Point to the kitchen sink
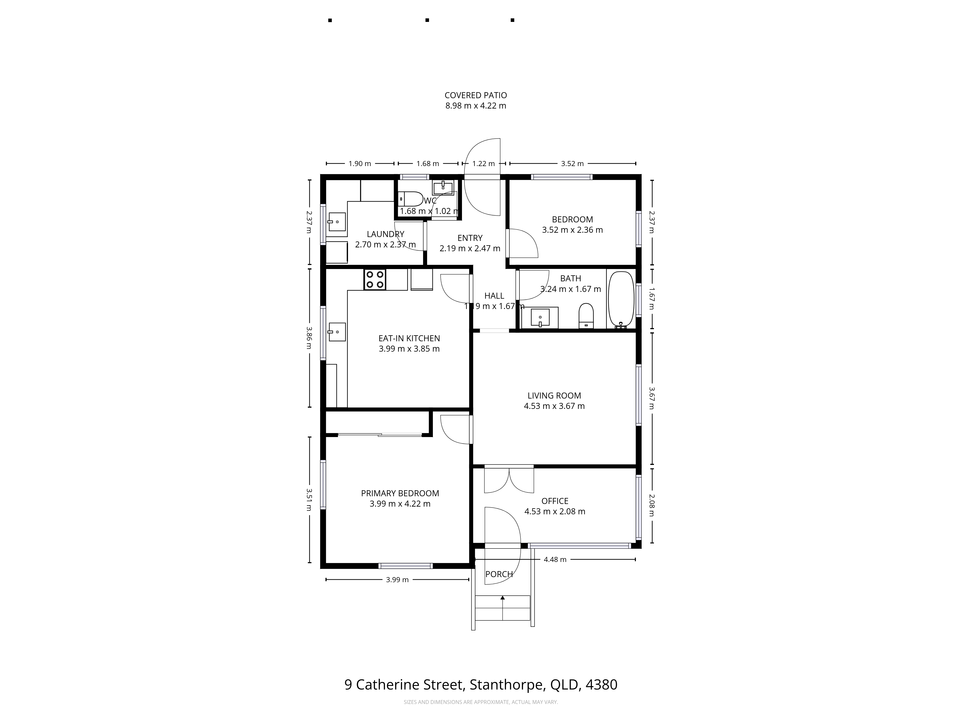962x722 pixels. pyautogui.click(x=337, y=332)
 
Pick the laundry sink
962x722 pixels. pyautogui.click(x=337, y=222)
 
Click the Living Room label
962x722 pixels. pyautogui.click(x=554, y=396)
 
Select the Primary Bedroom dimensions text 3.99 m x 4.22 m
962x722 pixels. pyautogui.click(x=400, y=504)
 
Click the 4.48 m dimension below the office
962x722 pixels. pyautogui.click(x=555, y=560)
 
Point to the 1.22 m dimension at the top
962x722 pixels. pyautogui.click(x=484, y=164)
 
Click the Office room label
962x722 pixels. pyautogui.click(x=555, y=501)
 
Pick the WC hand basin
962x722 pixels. pyautogui.click(x=443, y=188)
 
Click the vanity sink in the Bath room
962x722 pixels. pyautogui.click(x=540, y=317)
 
